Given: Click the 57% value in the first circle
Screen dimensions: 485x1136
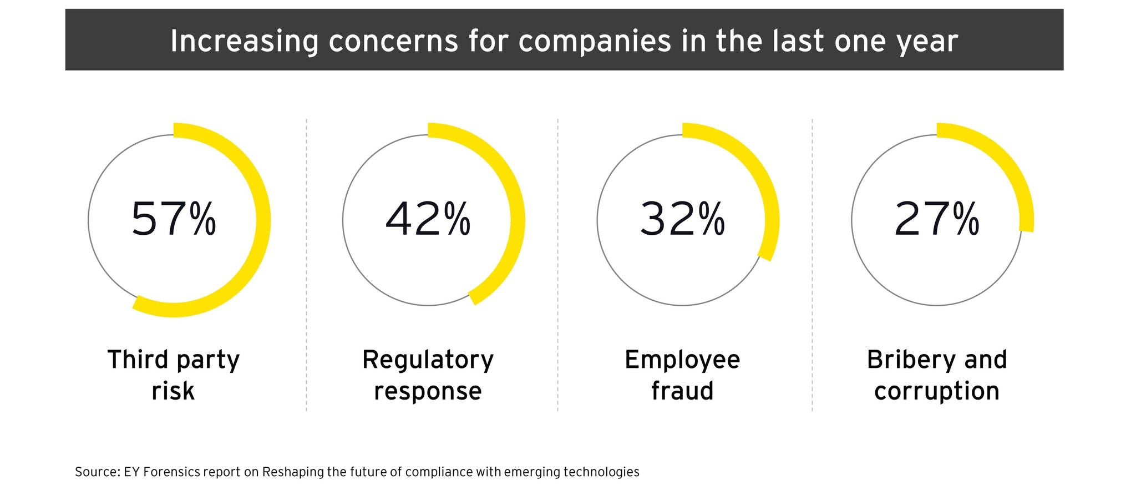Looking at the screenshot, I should [x=173, y=220].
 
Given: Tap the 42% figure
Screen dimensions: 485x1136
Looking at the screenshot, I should [x=428, y=220].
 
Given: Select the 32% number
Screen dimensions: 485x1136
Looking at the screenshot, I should [x=682, y=220].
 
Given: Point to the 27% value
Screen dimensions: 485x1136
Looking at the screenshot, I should [x=936, y=220].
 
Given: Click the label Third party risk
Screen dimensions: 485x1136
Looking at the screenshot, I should [x=173, y=375].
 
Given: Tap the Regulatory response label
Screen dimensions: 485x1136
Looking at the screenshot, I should [x=428, y=375].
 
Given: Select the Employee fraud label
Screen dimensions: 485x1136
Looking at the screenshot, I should [x=682, y=375].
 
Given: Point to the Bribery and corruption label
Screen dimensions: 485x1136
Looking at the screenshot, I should [x=936, y=375].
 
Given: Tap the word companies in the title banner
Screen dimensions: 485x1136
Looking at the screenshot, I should [x=594, y=41].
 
